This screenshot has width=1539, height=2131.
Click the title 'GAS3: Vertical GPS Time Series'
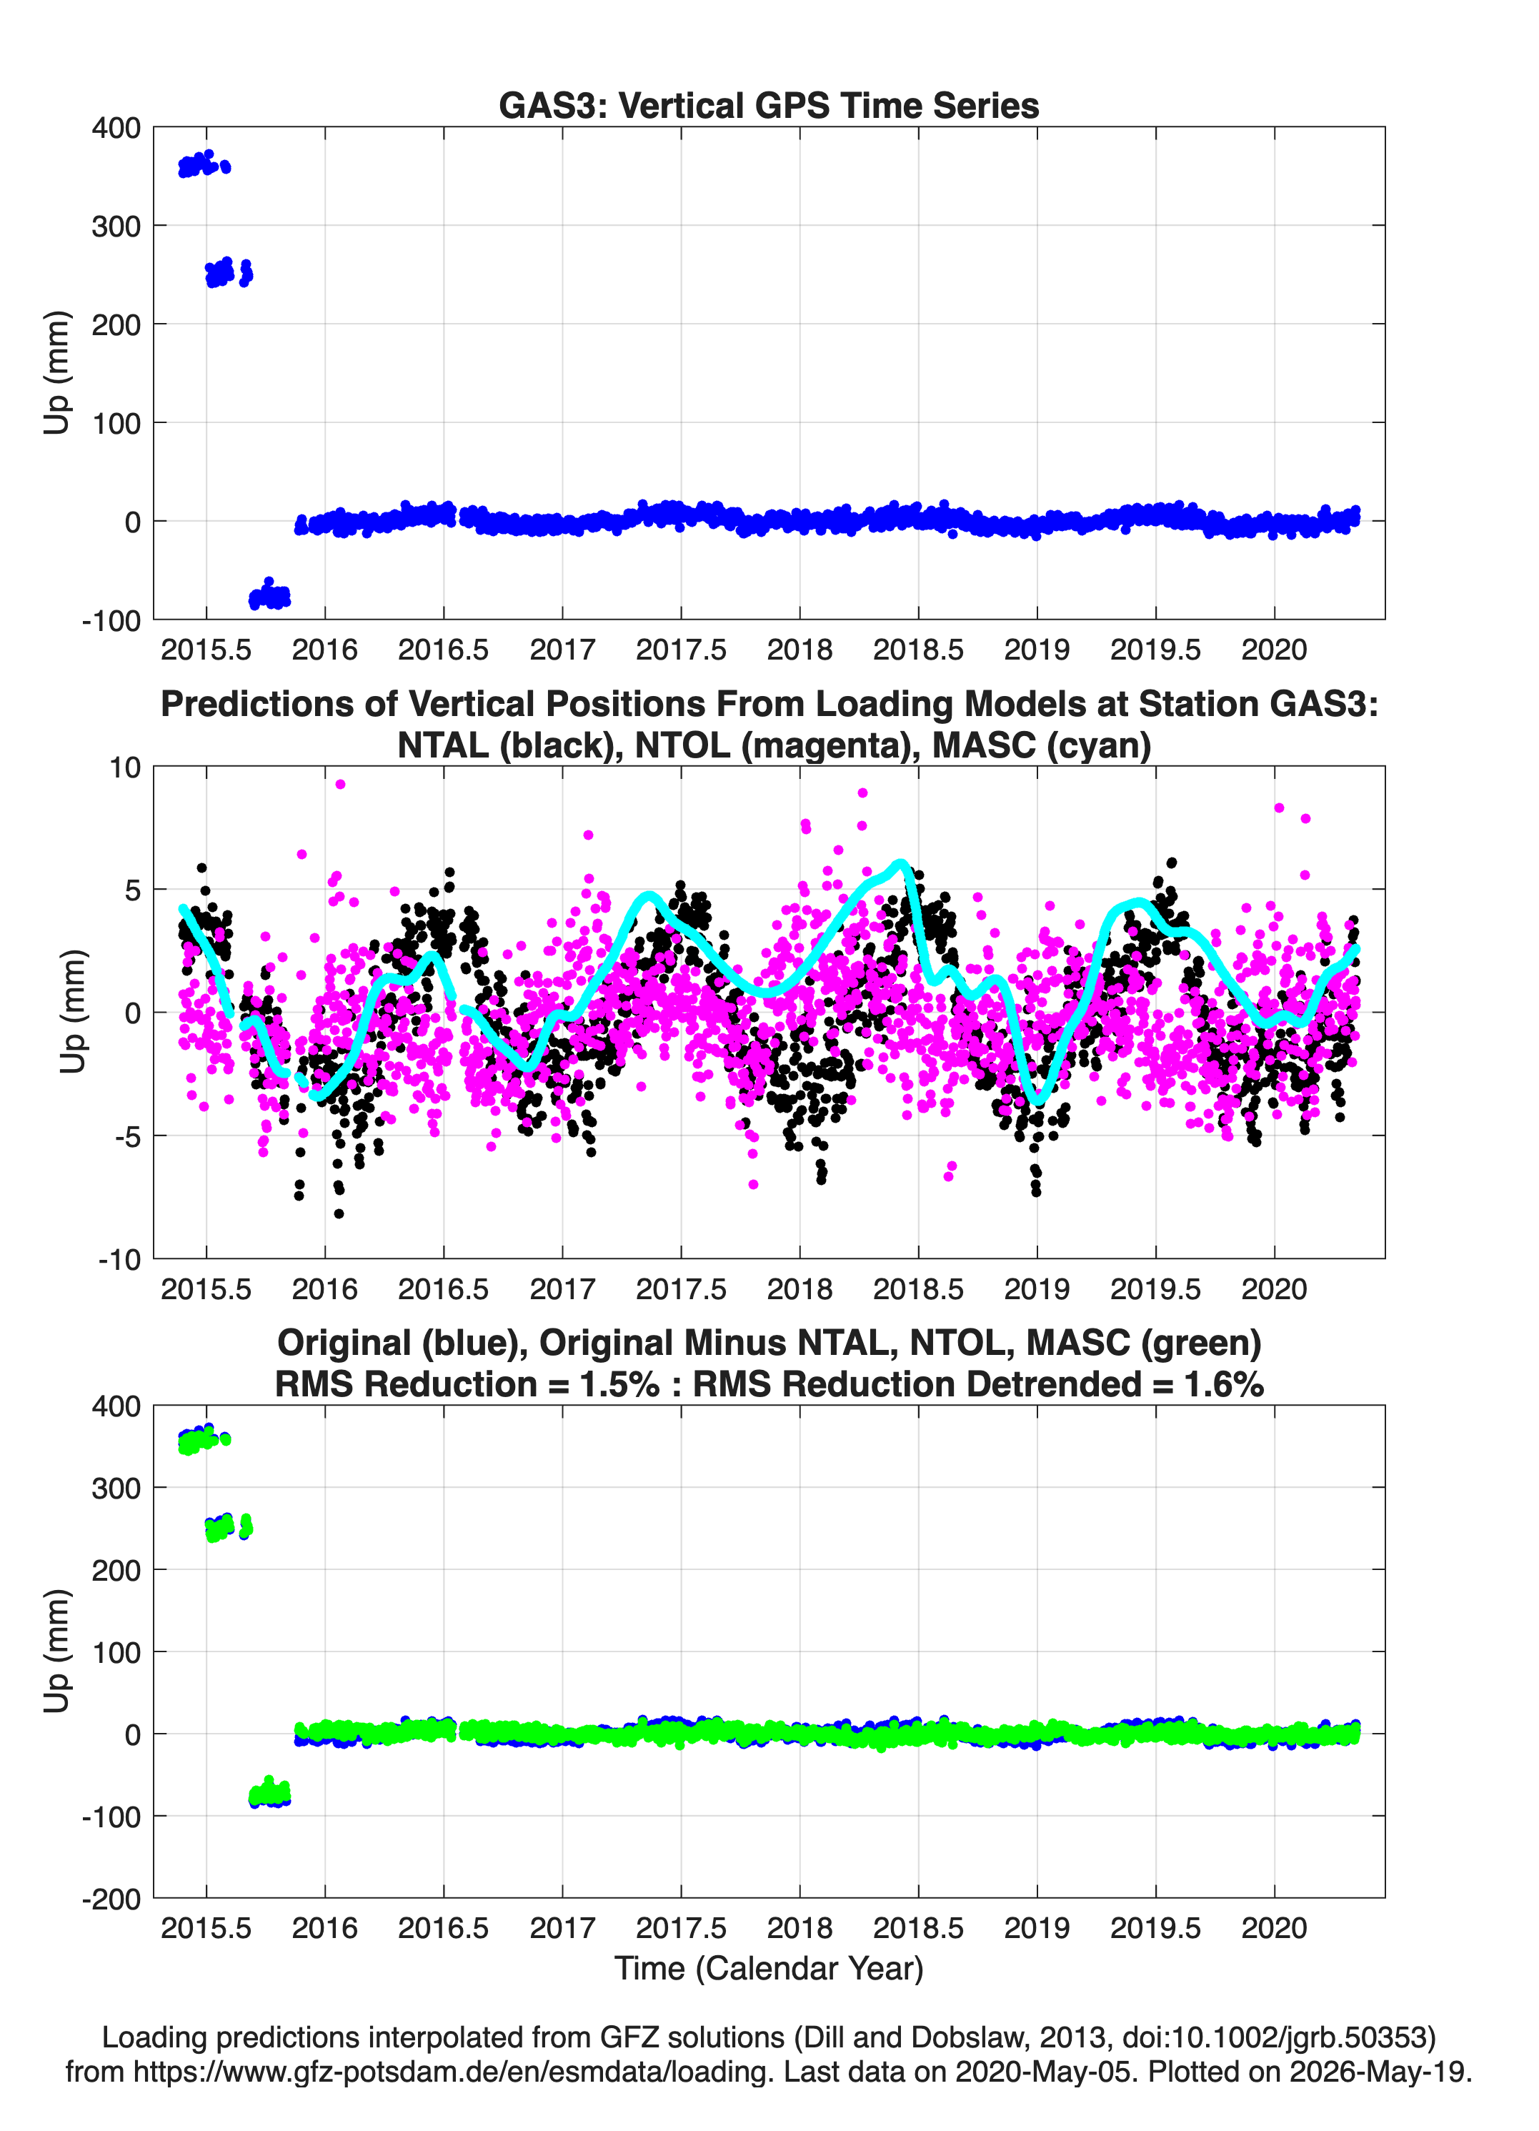(769, 105)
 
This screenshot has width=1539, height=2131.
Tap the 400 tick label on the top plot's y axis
(116, 128)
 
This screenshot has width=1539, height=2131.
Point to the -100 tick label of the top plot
(111, 621)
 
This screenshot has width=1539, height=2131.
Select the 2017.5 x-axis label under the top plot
(681, 650)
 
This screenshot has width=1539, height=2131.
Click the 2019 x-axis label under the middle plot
(1037, 1288)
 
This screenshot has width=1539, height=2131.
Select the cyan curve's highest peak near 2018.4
(900, 863)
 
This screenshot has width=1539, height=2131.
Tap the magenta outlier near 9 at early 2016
(340, 784)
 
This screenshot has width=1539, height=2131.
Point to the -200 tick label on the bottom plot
(111, 1899)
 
